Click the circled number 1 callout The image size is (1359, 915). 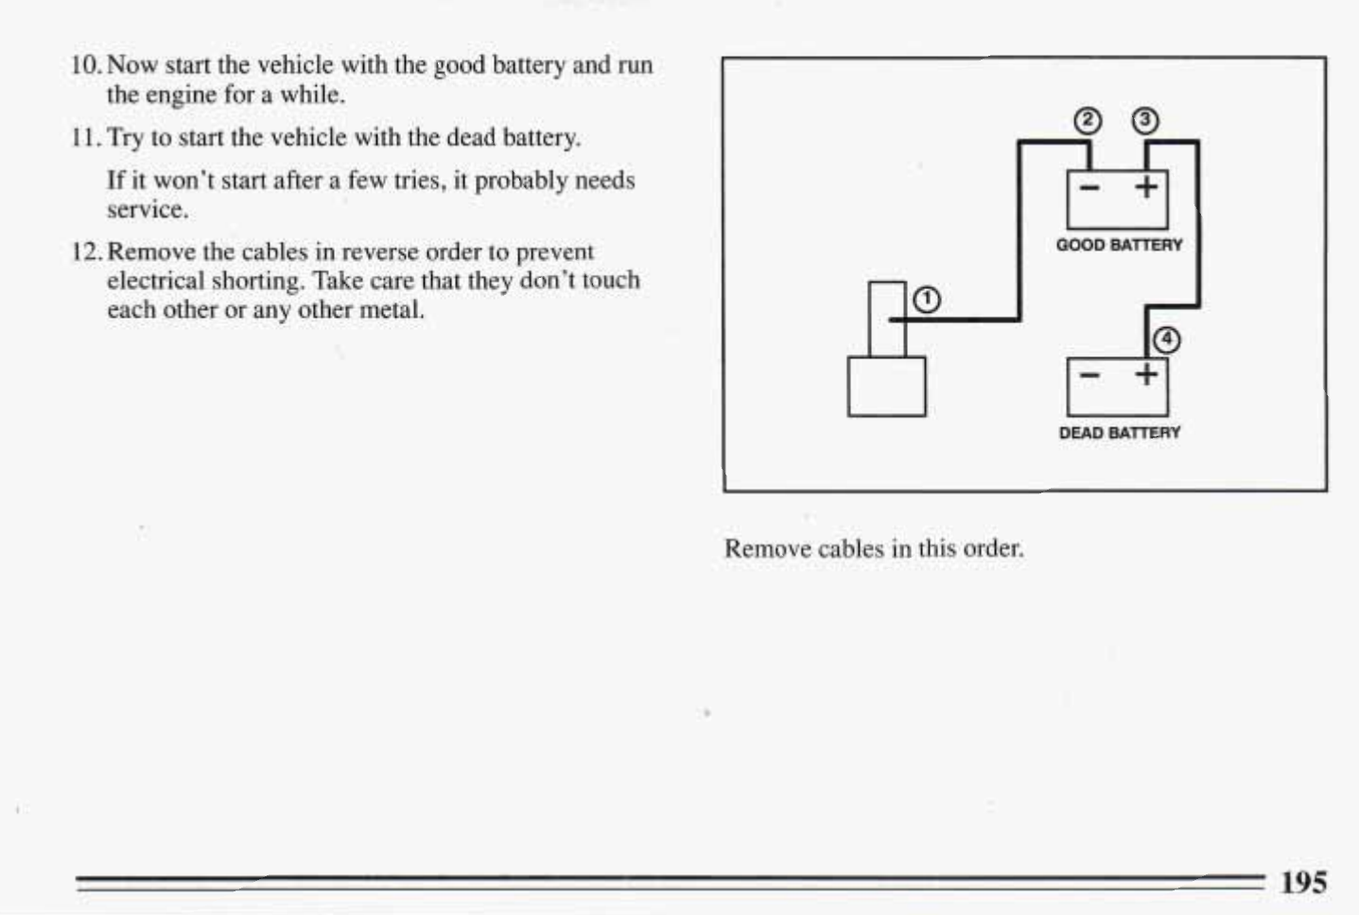pos(927,300)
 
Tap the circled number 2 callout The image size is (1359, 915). pos(1089,121)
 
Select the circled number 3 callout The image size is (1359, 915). pos(1144,121)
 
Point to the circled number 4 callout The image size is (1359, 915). pos(1167,340)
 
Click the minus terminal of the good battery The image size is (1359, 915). pos(1089,187)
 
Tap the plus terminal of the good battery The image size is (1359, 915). pos(1146,187)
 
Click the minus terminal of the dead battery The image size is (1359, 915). pos(1089,375)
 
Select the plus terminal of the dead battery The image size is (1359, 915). pos(1146,375)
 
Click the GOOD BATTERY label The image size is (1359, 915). pos(1119,245)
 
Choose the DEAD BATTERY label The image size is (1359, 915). pos(1119,433)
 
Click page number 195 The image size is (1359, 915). pos(1303,882)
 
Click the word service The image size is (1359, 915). pos(147,210)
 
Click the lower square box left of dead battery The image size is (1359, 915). pos(886,386)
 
